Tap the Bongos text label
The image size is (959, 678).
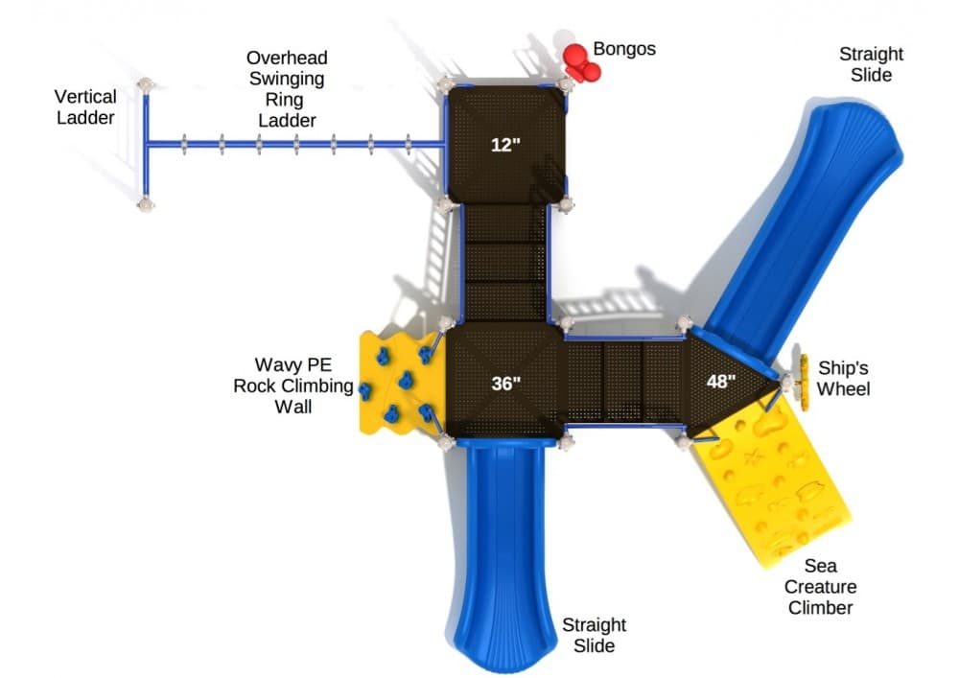(624, 49)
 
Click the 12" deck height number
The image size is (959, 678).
(504, 146)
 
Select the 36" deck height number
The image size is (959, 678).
(505, 384)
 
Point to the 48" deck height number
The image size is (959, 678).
(721, 381)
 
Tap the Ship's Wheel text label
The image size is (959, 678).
(844, 377)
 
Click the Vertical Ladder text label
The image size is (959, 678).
(85, 106)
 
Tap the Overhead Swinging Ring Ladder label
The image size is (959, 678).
(285, 89)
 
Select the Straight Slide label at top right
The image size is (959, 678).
(871, 64)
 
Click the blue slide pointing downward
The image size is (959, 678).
(502, 556)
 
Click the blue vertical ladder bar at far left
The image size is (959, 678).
(146, 144)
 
